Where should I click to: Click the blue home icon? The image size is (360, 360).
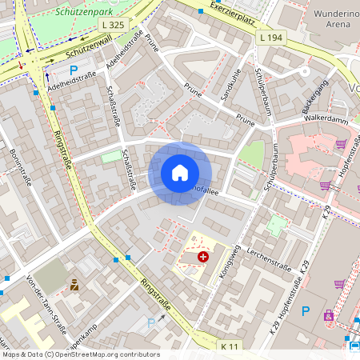(x=180, y=172)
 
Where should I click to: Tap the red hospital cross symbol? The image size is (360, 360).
(x=203, y=257)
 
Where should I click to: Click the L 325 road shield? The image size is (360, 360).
(x=114, y=25)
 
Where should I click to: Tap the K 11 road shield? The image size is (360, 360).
(x=230, y=346)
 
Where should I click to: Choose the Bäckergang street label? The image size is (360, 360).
(x=316, y=96)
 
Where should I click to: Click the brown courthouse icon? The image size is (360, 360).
(x=74, y=284)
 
